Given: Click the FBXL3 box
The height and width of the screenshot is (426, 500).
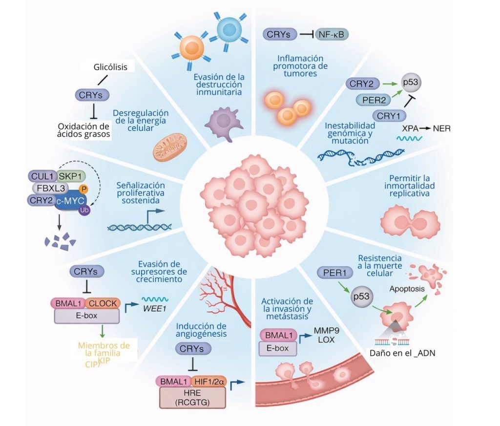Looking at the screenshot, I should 51,188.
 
